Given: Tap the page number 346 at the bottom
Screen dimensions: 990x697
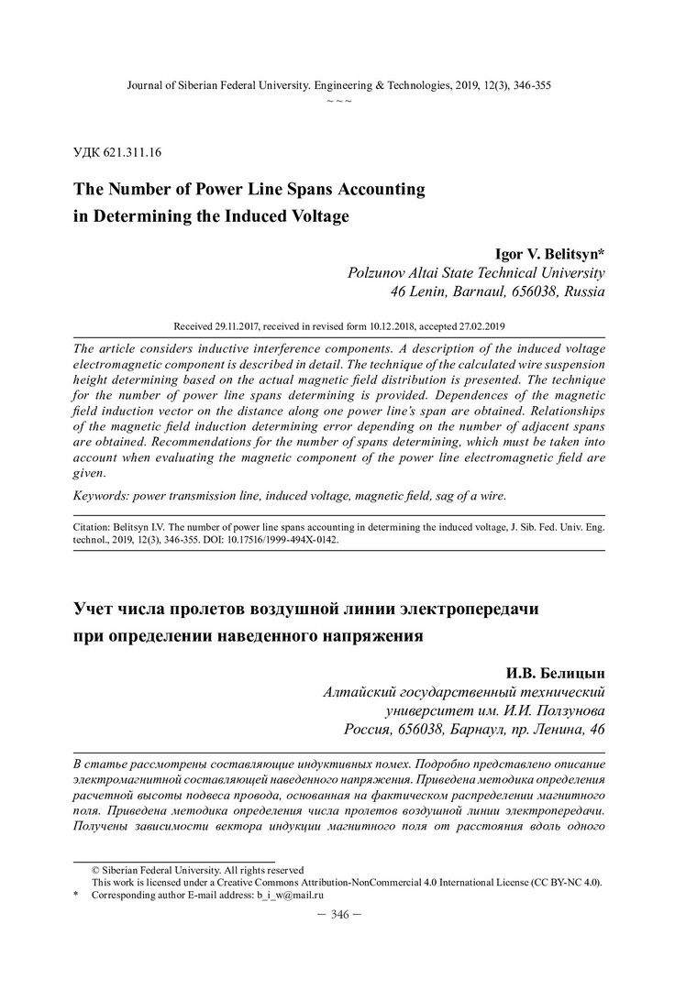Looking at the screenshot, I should pos(339,914).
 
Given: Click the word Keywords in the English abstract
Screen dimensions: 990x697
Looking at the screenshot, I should pos(99,495).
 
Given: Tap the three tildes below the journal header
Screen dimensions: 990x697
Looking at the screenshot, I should pos(339,99).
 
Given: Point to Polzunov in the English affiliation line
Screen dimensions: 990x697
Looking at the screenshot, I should pos(380,273).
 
